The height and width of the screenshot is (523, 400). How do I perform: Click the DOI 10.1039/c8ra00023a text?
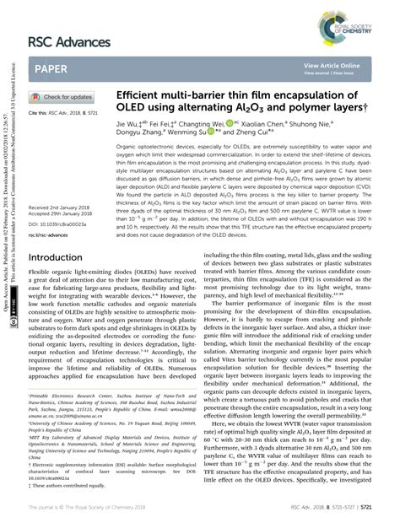tap(57, 201)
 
